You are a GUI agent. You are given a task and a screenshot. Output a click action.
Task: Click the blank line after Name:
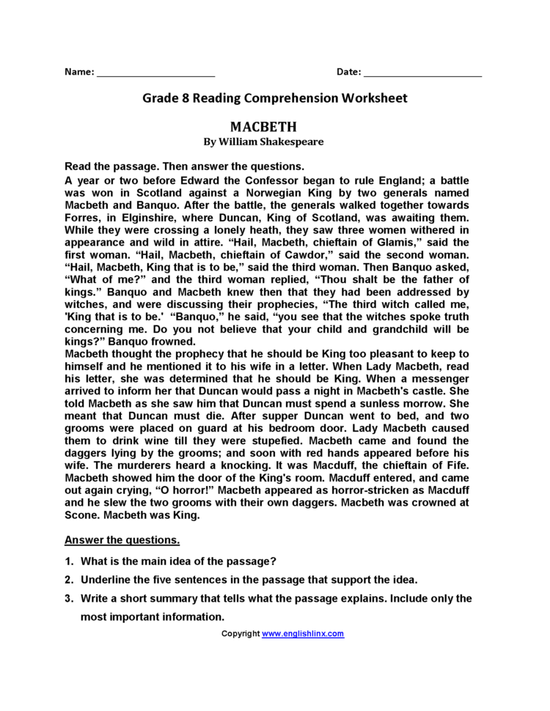click(155, 73)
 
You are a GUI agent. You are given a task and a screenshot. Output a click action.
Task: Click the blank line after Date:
click(422, 73)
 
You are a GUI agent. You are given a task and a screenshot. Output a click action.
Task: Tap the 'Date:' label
click(348, 72)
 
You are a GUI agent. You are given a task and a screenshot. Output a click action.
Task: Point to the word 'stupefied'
click(268, 441)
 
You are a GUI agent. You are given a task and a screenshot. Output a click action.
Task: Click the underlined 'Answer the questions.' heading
click(122, 540)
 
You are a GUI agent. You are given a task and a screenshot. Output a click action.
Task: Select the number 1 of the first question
click(67, 561)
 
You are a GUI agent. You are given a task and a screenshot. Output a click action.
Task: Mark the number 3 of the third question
click(67, 598)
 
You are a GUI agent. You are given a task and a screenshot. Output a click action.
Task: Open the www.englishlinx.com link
click(303, 633)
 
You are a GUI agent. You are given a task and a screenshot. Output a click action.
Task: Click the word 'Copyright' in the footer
click(241, 633)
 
